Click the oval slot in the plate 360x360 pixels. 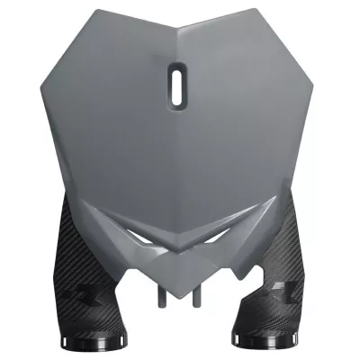(177, 83)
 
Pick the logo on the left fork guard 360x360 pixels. (84, 292)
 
